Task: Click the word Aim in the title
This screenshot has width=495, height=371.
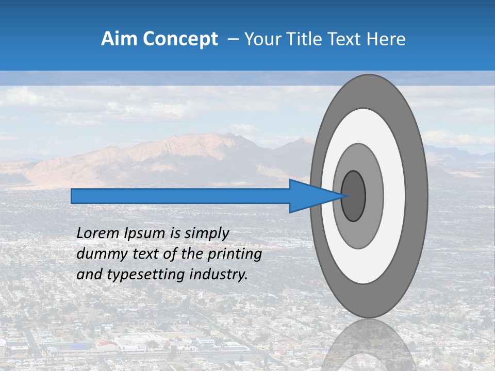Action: [120, 39]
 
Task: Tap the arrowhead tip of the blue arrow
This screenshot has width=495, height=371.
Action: [344, 196]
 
